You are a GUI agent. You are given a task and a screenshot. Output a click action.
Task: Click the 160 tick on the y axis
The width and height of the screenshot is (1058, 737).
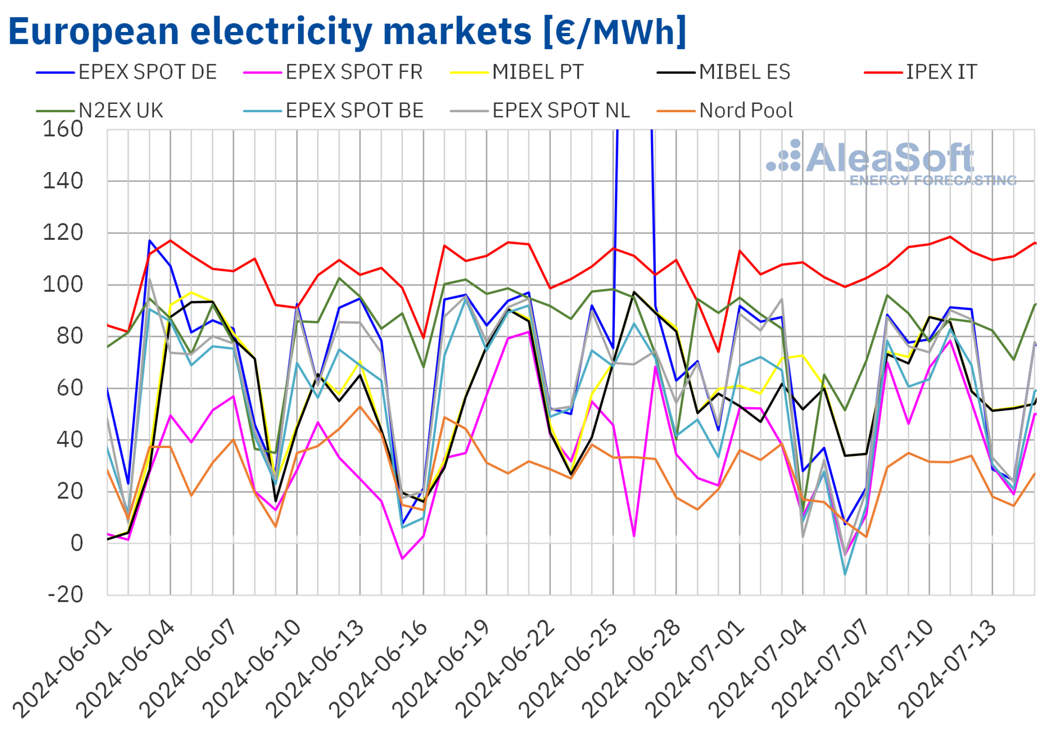[x=63, y=130]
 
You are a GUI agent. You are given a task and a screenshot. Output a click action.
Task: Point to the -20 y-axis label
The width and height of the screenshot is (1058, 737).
[x=65, y=595]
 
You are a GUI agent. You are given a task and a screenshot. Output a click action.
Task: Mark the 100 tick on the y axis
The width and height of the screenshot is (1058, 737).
[x=63, y=285]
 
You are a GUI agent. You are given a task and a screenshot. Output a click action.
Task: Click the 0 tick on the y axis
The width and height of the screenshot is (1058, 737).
[x=76, y=544]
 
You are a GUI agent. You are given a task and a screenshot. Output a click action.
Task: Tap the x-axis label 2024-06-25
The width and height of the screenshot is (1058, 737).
[x=568, y=670]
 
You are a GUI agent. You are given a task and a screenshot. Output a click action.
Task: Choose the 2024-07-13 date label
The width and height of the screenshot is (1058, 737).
[x=947, y=670]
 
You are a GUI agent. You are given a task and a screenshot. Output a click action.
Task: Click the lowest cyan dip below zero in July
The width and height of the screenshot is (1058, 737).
[x=845, y=574]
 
